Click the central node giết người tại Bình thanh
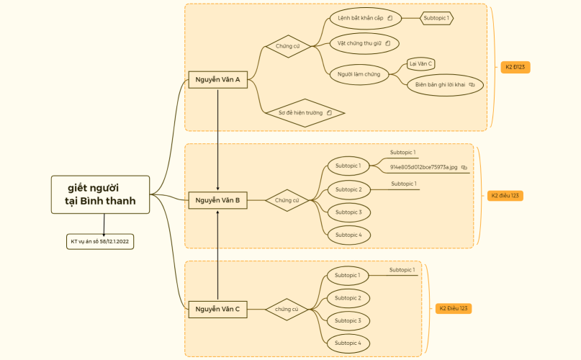pyautogui.click(x=101, y=194)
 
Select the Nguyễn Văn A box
pyautogui.click(x=217, y=80)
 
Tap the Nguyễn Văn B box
pyautogui.click(x=217, y=200)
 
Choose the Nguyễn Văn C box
pyautogui.click(x=217, y=309)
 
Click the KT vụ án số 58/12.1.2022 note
pyautogui.click(x=100, y=242)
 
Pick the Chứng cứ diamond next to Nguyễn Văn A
pyautogui.click(x=287, y=46)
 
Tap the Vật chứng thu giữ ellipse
pyautogui.click(x=364, y=43)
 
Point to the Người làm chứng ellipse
pyautogui.click(x=354, y=73)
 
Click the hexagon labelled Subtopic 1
pyautogui.click(x=437, y=17)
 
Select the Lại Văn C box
pyautogui.click(x=420, y=63)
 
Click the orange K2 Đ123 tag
pyautogui.click(x=516, y=67)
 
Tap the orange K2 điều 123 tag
pyautogui.click(x=505, y=195)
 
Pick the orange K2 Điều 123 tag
pyautogui.click(x=453, y=308)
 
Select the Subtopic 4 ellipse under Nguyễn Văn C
pyautogui.click(x=348, y=343)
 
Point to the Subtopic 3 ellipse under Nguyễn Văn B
pyautogui.click(x=348, y=212)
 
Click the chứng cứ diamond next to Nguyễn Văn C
pyautogui.click(x=287, y=309)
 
